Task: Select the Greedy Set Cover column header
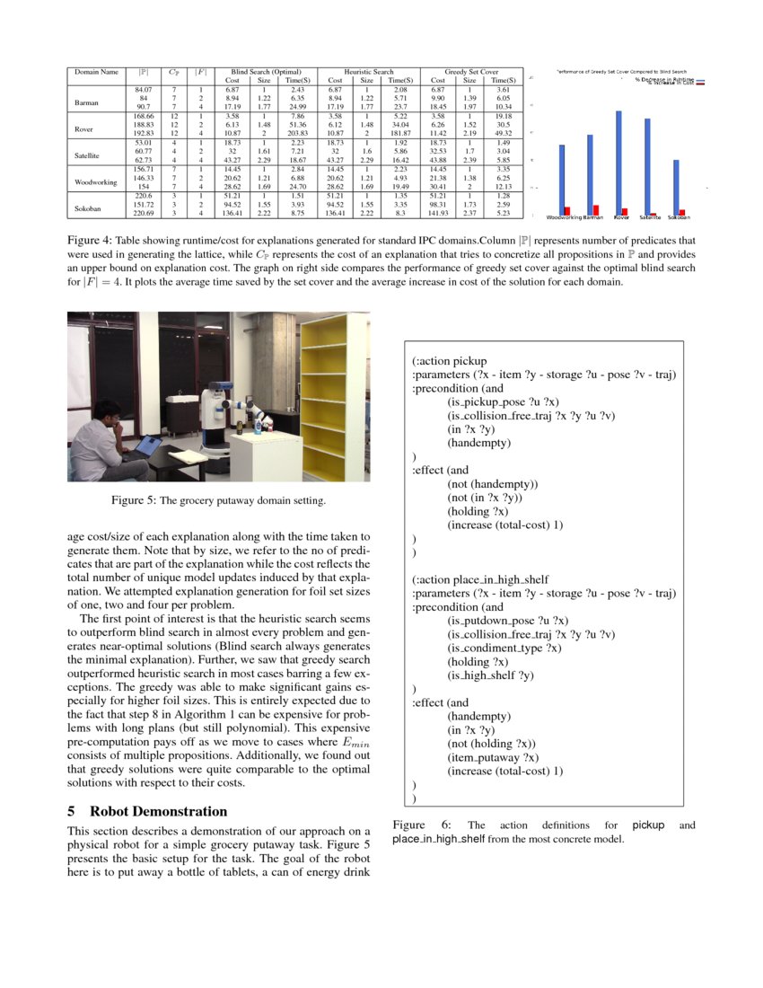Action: tap(471, 71)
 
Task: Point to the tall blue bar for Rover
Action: tap(619, 163)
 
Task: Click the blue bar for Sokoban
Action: tap(676, 187)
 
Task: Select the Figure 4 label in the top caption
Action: tap(89, 242)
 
